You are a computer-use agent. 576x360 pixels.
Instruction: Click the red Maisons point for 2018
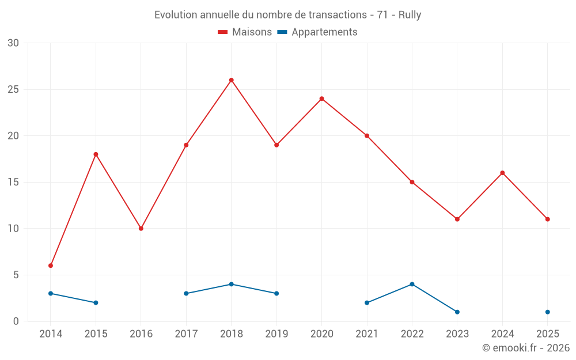click(231, 80)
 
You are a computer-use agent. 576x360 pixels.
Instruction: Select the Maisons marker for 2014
click(51, 266)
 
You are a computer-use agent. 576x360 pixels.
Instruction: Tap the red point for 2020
click(321, 98)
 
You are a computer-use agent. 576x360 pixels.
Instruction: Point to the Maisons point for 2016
click(141, 229)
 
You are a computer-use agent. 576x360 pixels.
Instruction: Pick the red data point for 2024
click(502, 173)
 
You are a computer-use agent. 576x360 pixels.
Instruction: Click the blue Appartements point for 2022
click(412, 284)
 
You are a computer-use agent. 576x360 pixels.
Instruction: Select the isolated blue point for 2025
click(547, 312)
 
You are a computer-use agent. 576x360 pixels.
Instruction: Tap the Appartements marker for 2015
click(96, 302)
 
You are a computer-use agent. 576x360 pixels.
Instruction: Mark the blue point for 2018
click(231, 284)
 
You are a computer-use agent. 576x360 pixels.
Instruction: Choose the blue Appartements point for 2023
click(457, 312)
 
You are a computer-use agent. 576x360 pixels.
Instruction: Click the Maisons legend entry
click(245, 32)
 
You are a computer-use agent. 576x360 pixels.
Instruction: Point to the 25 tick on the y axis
click(13, 89)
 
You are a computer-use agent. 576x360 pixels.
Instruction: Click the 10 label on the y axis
click(13, 229)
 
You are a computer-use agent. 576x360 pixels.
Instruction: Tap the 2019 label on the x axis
click(276, 334)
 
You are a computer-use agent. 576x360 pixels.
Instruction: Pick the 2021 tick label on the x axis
click(367, 334)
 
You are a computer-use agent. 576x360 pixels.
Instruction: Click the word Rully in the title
click(410, 15)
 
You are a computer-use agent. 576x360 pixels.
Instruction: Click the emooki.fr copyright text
click(525, 348)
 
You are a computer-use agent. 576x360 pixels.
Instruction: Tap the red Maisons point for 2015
click(96, 154)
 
